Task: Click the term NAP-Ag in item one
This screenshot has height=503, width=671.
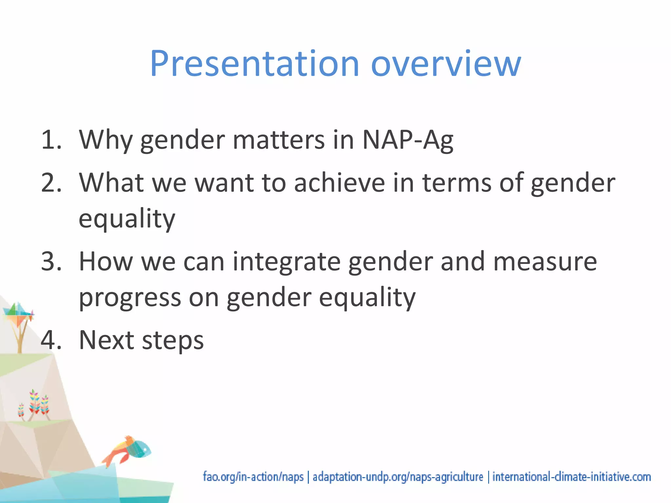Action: pos(408,140)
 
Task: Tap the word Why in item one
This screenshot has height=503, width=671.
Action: pos(105,140)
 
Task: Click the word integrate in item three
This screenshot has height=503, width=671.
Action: pos(287,262)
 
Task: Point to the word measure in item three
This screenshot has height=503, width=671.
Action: pos(545,262)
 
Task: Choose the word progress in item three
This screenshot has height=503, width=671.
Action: pos(130,298)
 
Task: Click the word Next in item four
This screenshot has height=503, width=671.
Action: pos(106,340)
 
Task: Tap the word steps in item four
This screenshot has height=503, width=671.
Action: pos(173,340)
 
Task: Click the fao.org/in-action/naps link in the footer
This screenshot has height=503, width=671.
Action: pos(253,477)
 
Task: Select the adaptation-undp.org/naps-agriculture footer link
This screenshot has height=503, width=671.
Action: pos(398,477)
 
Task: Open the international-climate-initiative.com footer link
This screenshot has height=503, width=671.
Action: pos(571,477)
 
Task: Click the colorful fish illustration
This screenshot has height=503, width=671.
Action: pos(129,449)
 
